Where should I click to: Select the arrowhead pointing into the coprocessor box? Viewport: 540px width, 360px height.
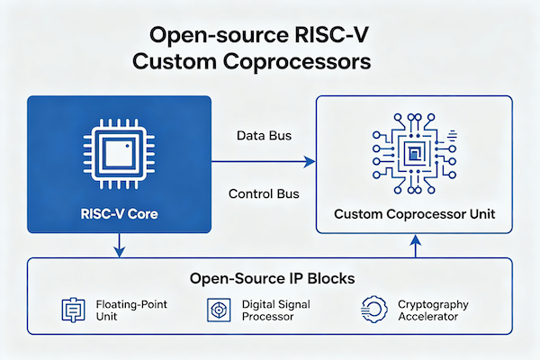pos(310,162)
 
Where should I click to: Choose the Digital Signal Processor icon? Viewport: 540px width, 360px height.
pos(216,310)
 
